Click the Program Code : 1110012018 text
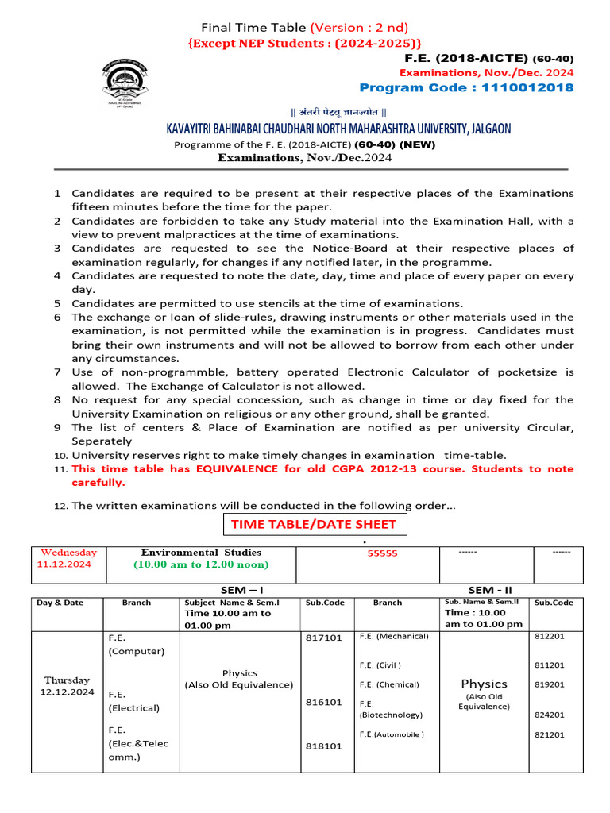click(x=466, y=87)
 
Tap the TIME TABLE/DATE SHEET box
click(x=315, y=525)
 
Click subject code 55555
click(x=382, y=554)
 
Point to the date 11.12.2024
click(x=64, y=564)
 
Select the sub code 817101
click(x=323, y=638)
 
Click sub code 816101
click(x=323, y=702)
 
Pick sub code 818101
click(x=323, y=746)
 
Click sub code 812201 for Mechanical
click(x=550, y=636)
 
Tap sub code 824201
click(x=550, y=715)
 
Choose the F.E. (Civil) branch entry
click(x=380, y=665)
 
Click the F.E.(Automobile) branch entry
click(x=392, y=734)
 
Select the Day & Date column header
click(x=60, y=603)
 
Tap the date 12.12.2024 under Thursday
click(x=68, y=692)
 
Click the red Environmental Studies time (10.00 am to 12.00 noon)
click(x=201, y=564)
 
